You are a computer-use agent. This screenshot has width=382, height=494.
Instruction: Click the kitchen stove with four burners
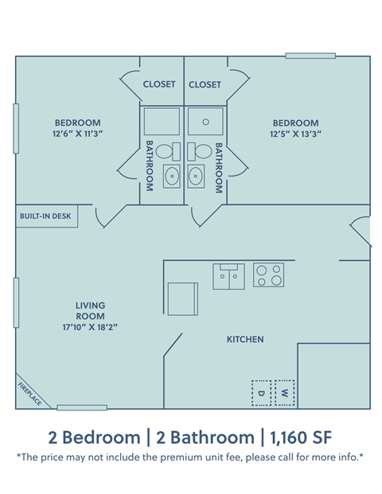(269, 275)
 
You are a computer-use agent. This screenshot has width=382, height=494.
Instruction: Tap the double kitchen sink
(228, 276)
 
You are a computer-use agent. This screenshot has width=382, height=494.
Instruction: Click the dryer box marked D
(261, 392)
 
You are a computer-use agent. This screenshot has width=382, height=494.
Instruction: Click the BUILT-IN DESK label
(45, 216)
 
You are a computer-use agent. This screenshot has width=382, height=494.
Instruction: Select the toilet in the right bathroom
(203, 151)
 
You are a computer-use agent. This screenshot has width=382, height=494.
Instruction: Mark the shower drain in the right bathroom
(205, 123)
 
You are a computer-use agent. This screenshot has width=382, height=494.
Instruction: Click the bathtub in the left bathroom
(162, 122)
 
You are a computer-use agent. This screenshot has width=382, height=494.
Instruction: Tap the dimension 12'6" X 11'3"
(77, 134)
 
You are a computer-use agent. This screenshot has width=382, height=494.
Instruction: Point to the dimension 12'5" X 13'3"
(295, 134)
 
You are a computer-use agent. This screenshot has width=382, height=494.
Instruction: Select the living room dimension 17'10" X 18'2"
(90, 326)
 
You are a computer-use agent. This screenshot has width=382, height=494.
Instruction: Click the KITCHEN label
(245, 340)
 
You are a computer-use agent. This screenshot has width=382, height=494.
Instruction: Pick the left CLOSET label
(159, 84)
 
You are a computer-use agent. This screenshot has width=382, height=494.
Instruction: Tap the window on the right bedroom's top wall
(310, 56)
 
